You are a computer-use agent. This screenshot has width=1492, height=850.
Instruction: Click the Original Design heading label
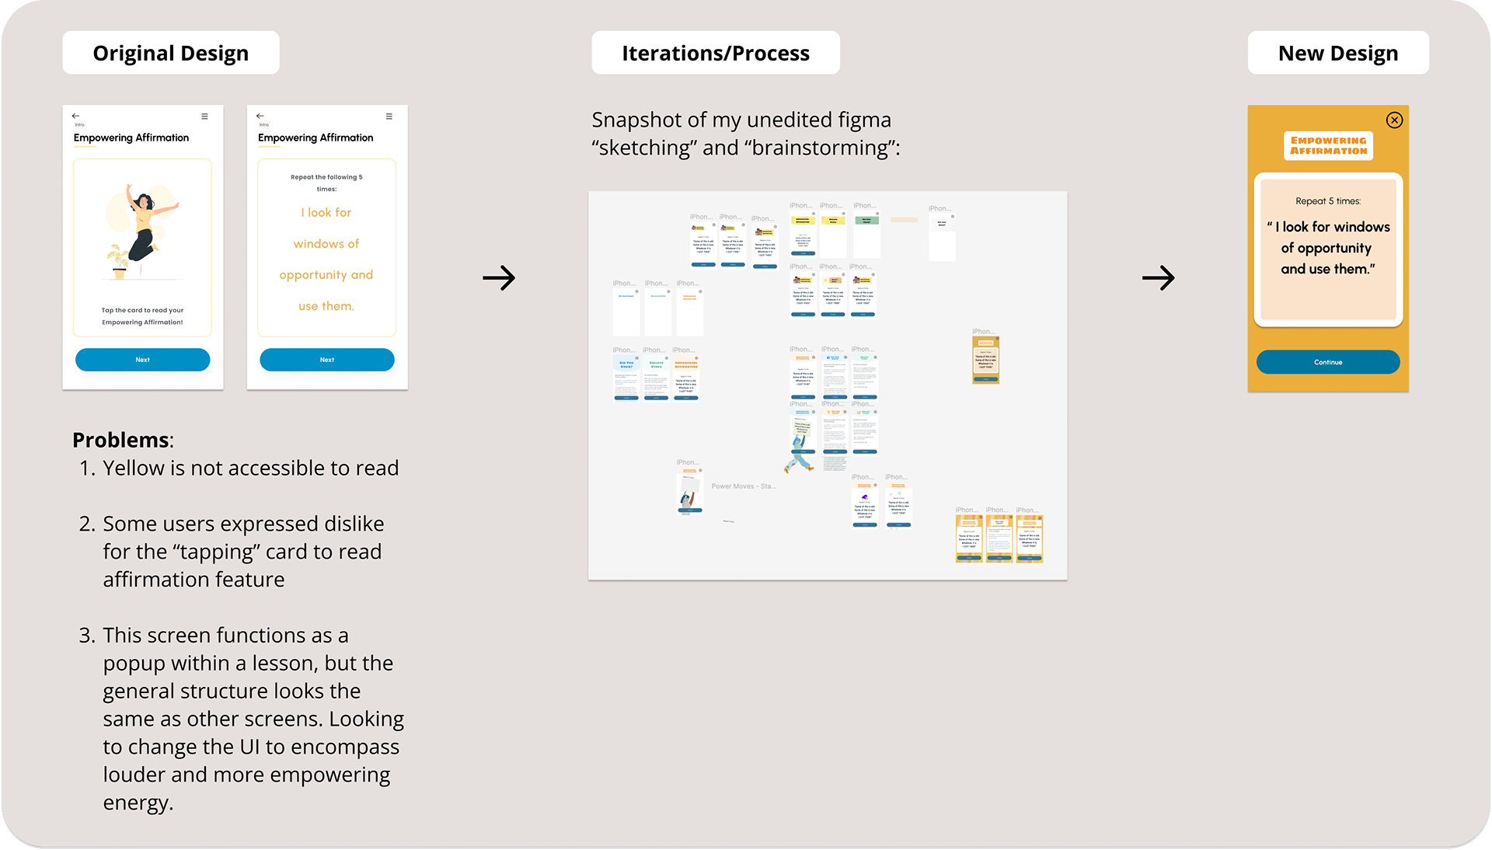pos(171,53)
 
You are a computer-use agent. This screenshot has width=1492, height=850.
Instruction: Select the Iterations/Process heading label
pos(715,53)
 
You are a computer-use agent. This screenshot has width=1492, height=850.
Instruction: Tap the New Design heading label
pos(1337,53)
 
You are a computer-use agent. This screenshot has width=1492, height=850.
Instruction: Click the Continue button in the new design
pos(1327,362)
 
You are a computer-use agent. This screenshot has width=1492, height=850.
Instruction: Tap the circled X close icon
pos(1394,120)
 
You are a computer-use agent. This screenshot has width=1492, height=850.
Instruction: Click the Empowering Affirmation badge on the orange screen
pos(1328,145)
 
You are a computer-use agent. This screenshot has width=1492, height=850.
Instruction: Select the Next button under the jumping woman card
pos(142,360)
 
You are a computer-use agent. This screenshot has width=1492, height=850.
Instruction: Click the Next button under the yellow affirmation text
pos(326,360)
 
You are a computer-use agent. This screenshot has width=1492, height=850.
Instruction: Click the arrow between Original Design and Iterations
pos(499,277)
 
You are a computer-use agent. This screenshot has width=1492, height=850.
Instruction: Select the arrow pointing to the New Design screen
pos(1158,277)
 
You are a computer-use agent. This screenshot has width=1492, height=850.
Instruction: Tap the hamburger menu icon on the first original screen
pos(204,117)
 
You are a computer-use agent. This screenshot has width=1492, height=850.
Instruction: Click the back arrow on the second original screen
pos(260,116)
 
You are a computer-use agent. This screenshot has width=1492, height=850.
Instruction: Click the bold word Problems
pos(120,440)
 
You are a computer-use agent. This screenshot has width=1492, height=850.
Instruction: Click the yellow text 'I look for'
pos(326,212)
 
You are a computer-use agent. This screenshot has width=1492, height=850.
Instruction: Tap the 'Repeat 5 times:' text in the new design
pos(1328,201)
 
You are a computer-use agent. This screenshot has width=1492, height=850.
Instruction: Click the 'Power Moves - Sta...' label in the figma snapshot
pos(743,486)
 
